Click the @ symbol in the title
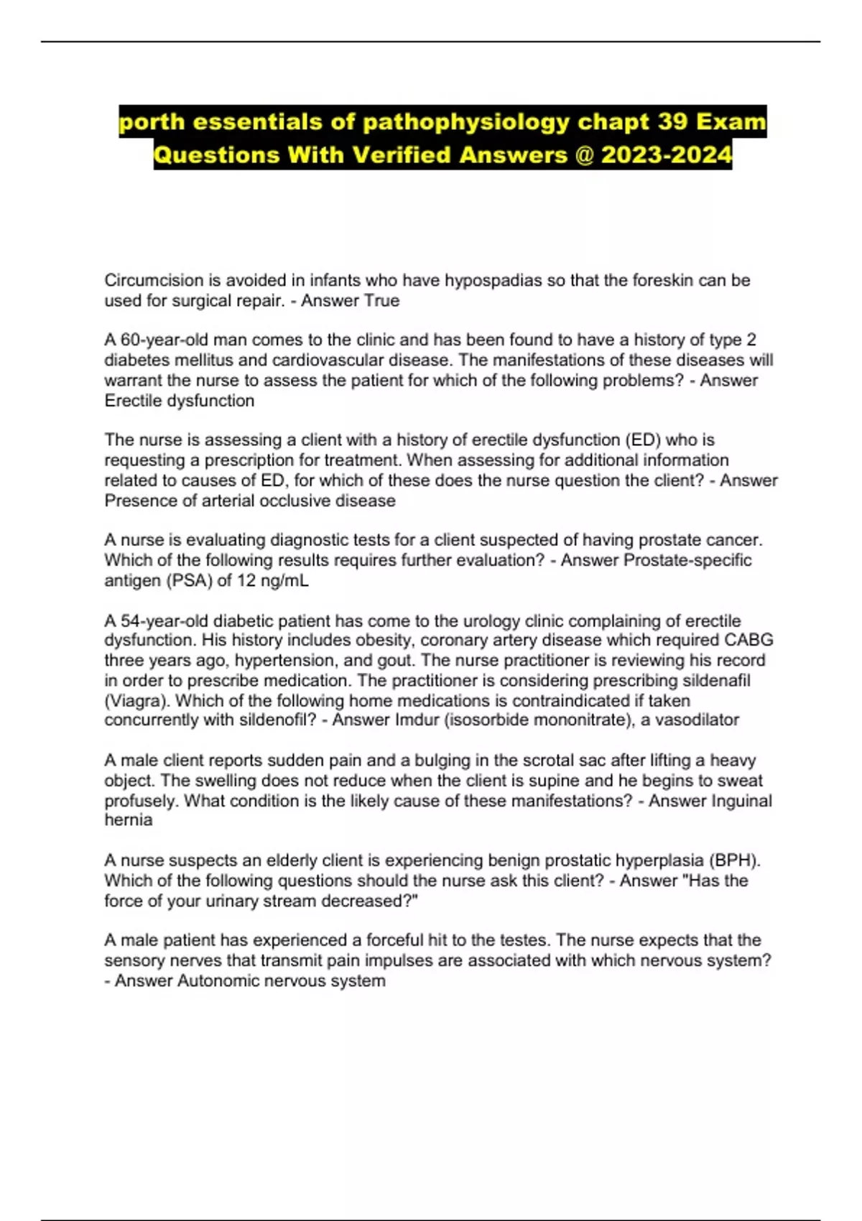583,155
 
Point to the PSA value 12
246,580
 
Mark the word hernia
129,820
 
